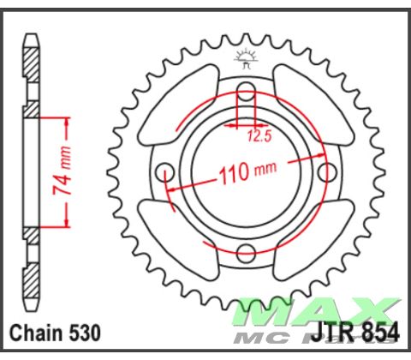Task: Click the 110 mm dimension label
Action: pos(247,172)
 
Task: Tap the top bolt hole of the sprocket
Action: pos(246,92)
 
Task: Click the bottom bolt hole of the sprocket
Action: pos(246,252)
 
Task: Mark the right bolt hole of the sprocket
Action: pos(325,172)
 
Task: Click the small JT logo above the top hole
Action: pos(246,59)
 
